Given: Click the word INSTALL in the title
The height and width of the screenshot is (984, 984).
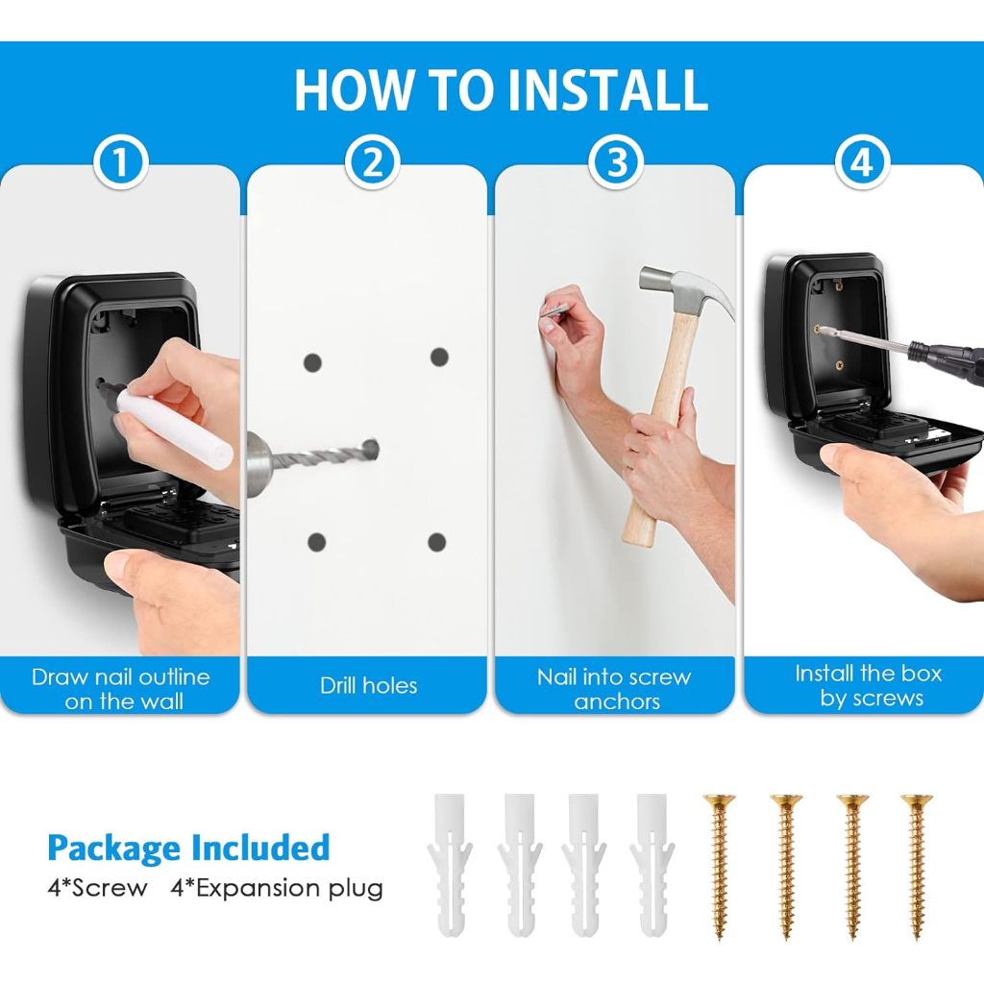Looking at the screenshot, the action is (607, 89).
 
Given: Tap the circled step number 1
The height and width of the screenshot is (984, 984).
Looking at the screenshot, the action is (121, 161).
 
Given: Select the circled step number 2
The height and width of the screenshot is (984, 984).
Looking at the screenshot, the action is (373, 161).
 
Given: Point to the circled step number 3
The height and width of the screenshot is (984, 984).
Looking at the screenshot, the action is (616, 161).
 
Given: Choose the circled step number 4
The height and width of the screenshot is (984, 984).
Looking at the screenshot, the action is (862, 161).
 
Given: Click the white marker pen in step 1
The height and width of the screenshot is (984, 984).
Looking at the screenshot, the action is (173, 424).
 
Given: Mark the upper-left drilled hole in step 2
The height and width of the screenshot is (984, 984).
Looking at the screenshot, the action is (312, 362).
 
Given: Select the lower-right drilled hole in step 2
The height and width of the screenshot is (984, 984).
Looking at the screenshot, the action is (437, 542).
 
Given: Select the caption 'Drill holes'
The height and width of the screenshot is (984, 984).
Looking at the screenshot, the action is (368, 685).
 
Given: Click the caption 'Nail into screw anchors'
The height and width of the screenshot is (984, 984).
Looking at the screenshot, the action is (614, 688).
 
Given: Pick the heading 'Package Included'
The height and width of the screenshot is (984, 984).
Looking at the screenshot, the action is (188, 848).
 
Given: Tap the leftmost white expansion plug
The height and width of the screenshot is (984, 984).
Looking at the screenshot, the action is (450, 866).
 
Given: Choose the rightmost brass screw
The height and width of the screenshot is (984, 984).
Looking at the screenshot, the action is (917, 866).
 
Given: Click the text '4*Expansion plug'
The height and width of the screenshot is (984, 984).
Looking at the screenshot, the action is (277, 889).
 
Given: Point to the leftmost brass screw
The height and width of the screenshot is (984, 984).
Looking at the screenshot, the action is (719, 866).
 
